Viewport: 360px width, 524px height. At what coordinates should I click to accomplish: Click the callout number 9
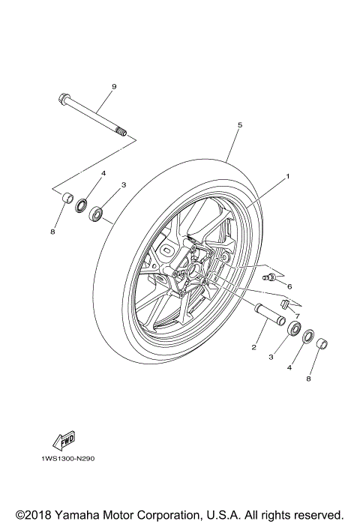tap(114, 87)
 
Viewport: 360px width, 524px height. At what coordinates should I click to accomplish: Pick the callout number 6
tap(289, 286)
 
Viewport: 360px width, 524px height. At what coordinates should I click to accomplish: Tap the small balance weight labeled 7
tap(285, 303)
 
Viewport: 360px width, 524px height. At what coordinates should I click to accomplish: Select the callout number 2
tap(253, 347)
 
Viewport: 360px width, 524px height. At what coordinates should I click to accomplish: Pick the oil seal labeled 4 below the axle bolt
tap(81, 204)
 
